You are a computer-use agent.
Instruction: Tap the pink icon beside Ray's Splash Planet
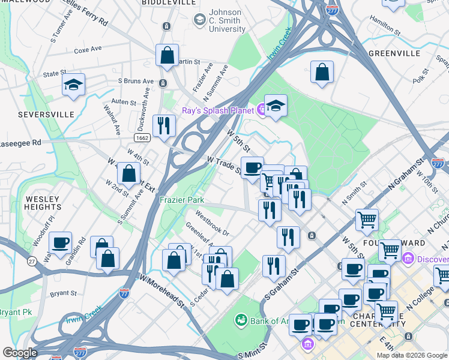[x=261, y=110]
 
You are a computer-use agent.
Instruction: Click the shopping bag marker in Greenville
[x=322, y=71]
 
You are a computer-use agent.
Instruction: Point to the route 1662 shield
[x=142, y=137]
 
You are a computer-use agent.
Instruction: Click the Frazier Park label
[x=181, y=200]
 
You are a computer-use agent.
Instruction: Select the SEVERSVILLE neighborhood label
[x=46, y=114]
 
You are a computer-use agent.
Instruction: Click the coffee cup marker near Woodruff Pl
[x=60, y=243]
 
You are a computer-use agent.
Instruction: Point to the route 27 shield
[x=32, y=261]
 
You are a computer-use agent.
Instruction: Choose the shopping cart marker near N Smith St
[x=367, y=219]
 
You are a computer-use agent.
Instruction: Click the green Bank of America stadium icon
[x=241, y=320]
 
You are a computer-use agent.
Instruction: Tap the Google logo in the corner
[x=20, y=353]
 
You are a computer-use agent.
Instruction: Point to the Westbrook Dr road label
[x=212, y=222]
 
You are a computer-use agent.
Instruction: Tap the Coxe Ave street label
[x=88, y=50]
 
